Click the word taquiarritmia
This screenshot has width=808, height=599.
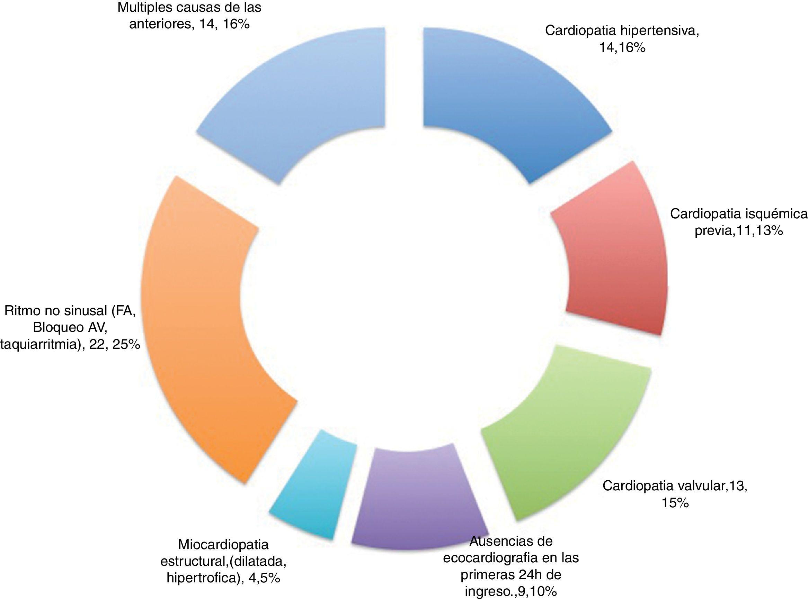pyautogui.click(x=40, y=345)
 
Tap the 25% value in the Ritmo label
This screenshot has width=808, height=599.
pyautogui.click(x=126, y=345)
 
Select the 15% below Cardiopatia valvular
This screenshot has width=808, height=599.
pyautogui.click(x=675, y=503)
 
